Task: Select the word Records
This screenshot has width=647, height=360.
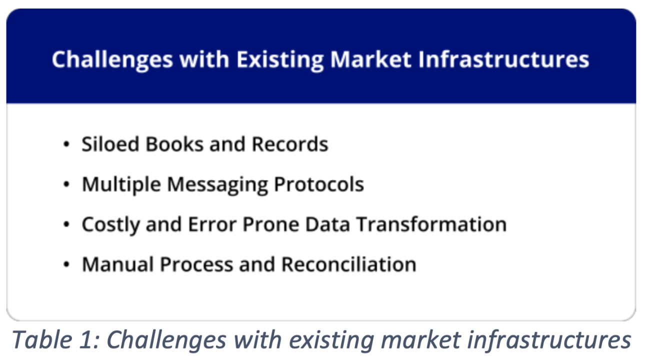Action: pos(290,144)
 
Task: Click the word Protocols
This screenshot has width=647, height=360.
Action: pos(319,184)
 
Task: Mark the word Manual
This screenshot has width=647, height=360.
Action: pos(118,264)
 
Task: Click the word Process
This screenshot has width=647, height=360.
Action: pos(196,264)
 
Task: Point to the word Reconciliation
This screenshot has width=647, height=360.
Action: pos(349,264)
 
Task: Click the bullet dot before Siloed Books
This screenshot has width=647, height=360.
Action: pos(66,144)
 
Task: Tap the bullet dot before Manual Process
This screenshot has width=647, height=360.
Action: pos(66,264)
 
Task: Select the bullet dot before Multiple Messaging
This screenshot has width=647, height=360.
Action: pos(66,184)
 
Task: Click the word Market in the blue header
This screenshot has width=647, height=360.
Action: pos(370,59)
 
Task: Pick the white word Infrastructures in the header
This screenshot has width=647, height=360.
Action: pos(503,59)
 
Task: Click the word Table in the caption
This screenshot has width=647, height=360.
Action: pos(42,340)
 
